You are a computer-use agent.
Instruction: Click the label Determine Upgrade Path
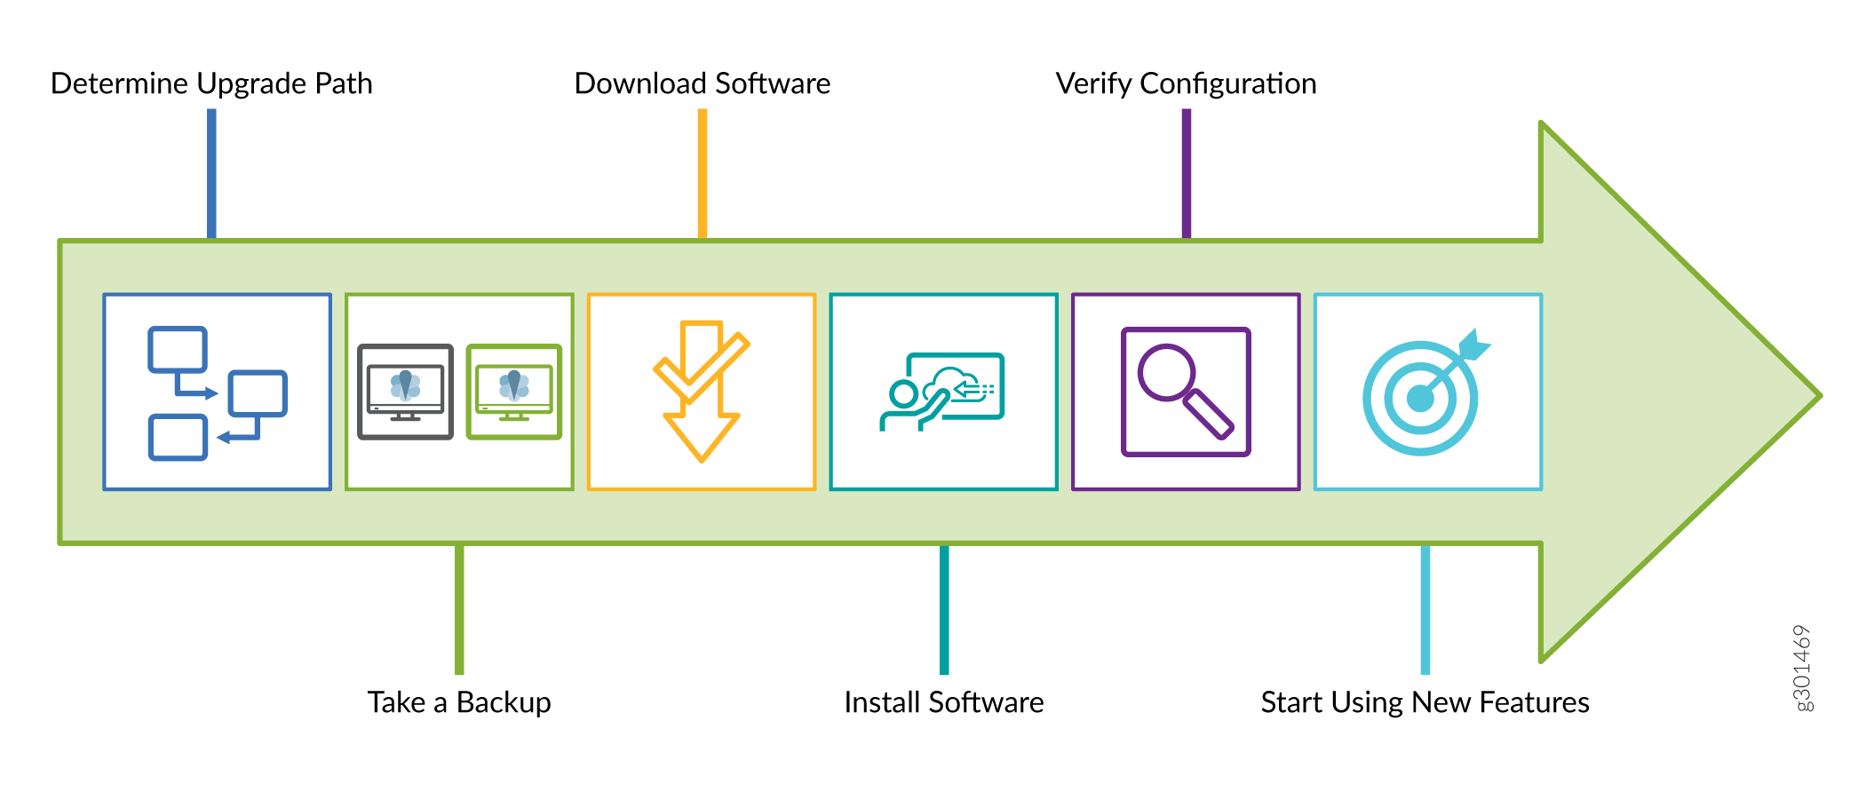(x=211, y=83)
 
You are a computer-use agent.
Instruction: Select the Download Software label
(x=702, y=83)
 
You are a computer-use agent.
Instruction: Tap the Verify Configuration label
(x=1186, y=83)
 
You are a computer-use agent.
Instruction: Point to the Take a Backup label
(x=459, y=702)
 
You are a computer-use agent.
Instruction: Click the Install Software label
(x=943, y=702)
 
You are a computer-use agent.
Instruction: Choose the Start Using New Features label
(x=1425, y=702)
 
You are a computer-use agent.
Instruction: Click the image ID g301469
(x=1801, y=668)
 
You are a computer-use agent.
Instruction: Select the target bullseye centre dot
(x=1420, y=399)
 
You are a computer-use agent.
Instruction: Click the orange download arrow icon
(x=702, y=392)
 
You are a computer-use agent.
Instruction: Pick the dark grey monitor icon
(x=405, y=392)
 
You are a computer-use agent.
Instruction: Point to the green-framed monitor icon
(x=514, y=392)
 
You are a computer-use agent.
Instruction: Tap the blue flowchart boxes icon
(x=217, y=392)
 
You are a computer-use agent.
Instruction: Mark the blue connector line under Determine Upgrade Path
(x=211, y=173)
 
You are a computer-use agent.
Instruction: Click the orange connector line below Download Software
(x=702, y=173)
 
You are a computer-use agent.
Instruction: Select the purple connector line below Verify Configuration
(x=1186, y=173)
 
